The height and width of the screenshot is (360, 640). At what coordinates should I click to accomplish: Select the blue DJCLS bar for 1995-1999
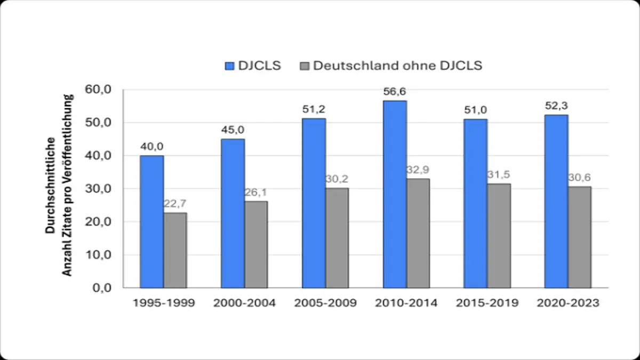[152, 221]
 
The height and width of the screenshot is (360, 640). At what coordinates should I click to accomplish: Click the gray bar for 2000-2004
[256, 244]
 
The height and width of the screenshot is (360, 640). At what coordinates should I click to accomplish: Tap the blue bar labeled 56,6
[395, 194]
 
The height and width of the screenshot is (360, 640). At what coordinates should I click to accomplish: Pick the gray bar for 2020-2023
[580, 237]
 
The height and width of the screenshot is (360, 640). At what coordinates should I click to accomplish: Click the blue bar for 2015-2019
[475, 203]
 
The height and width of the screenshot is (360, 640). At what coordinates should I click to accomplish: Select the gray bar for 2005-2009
[337, 237]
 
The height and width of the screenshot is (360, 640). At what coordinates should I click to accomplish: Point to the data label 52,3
[556, 107]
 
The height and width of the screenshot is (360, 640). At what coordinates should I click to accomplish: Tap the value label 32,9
[418, 170]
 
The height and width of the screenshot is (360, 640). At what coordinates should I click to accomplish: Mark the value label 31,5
[499, 175]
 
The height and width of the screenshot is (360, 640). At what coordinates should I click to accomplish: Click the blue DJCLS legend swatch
[230, 66]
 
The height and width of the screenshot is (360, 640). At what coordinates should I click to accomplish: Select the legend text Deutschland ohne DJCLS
[397, 66]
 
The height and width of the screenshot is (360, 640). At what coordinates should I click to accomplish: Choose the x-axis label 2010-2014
[406, 303]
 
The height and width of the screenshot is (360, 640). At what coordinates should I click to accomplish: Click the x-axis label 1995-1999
[164, 303]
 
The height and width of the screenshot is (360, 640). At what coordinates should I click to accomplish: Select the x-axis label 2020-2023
[568, 303]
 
